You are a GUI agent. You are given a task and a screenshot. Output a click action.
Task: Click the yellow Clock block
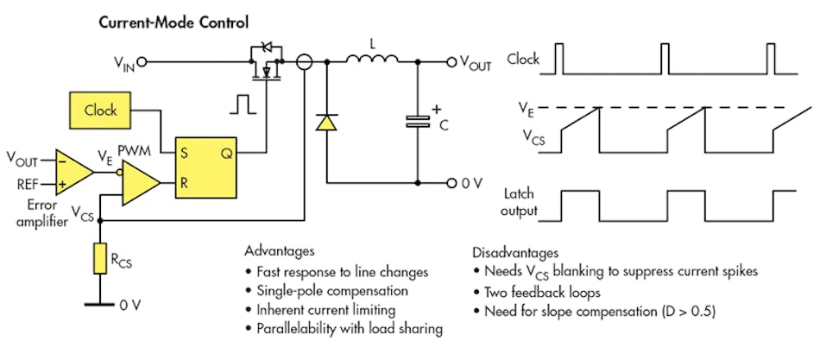point(101,111)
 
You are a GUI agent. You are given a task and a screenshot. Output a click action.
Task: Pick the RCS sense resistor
point(102,258)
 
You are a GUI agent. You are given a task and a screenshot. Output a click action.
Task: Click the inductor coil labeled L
point(373,60)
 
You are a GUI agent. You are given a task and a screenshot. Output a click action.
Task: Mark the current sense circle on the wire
point(303,61)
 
